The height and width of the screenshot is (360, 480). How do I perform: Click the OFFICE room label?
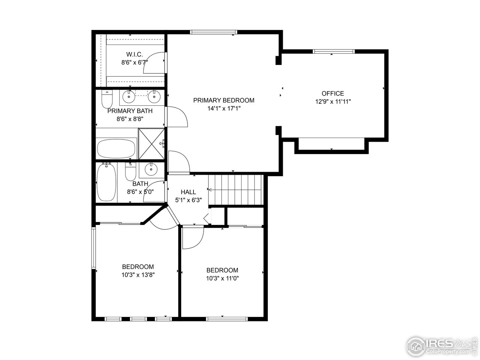(x=333, y=93)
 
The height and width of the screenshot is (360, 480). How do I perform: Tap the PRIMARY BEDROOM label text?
(x=223, y=100)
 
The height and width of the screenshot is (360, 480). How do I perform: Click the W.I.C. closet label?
(x=134, y=54)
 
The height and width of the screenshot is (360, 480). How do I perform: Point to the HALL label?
(x=188, y=192)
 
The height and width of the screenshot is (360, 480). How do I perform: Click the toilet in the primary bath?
(x=107, y=99)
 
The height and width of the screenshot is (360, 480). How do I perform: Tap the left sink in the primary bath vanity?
(x=129, y=97)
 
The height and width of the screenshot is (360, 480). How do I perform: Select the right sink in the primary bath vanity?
(x=154, y=97)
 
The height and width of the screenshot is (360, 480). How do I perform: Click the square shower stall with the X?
(x=152, y=144)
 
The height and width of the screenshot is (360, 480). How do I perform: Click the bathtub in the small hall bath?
(x=106, y=183)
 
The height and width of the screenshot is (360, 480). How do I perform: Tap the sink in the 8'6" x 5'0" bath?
(x=151, y=170)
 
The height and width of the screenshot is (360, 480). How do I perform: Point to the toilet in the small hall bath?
(x=130, y=172)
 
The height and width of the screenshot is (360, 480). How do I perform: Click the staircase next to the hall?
(x=235, y=190)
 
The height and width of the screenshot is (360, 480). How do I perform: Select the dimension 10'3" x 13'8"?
(x=138, y=274)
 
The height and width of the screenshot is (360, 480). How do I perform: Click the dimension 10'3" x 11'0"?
(x=222, y=278)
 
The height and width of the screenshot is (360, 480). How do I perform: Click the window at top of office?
(x=333, y=51)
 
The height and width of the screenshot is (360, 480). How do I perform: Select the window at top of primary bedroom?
(x=214, y=32)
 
